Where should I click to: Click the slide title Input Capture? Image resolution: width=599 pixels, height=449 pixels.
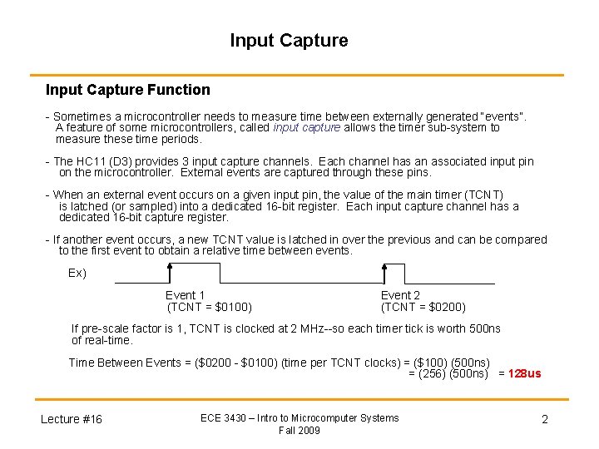point(289,40)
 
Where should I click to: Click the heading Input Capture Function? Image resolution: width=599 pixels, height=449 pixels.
point(127,90)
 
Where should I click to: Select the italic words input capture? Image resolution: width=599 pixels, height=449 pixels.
point(306,128)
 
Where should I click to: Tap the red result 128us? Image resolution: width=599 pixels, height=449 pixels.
point(524,373)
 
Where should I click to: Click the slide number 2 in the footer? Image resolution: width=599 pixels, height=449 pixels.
point(545,419)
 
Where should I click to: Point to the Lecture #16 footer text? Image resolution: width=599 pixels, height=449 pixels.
point(72,419)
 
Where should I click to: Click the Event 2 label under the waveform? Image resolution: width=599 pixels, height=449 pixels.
point(400,295)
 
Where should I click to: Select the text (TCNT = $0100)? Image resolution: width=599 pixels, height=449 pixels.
point(210,307)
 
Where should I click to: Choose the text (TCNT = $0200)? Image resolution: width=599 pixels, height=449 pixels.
point(423,307)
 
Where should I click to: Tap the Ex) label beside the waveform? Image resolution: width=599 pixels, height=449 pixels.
point(77,274)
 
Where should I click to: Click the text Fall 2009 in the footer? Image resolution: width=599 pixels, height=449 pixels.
point(299,430)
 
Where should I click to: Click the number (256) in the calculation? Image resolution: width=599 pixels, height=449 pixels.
point(433,373)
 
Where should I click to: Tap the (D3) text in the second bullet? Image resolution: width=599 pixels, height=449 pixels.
point(122,161)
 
